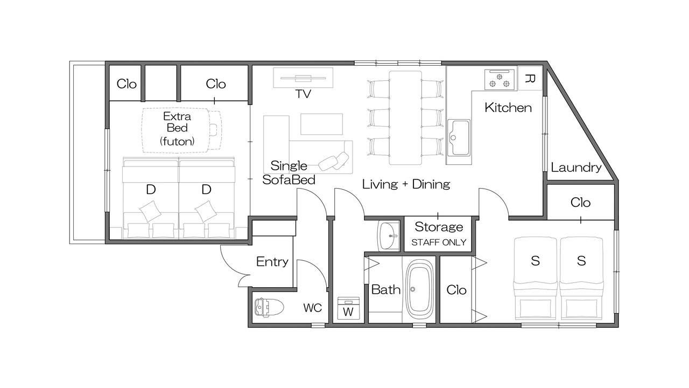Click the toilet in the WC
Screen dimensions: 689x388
click(269, 307)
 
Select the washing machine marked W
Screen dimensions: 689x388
click(348, 308)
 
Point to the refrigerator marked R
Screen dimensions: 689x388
click(530, 78)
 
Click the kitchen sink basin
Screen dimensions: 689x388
click(459, 137)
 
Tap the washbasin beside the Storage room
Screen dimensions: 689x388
click(389, 236)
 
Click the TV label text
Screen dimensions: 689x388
click(303, 94)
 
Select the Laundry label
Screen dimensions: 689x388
click(576, 168)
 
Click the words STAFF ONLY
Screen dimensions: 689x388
click(439, 242)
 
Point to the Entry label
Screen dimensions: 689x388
click(272, 261)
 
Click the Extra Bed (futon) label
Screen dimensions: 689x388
click(177, 128)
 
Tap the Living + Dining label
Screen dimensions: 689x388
click(406, 184)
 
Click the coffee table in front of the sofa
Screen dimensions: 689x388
click(321, 124)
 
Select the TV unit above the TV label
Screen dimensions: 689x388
click(303, 78)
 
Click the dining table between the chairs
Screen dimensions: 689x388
click(405, 117)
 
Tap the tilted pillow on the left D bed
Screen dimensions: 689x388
click(150, 211)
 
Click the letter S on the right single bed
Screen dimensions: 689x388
click(581, 261)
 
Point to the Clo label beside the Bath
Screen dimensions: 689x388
click(456, 290)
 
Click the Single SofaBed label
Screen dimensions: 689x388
click(289, 173)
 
